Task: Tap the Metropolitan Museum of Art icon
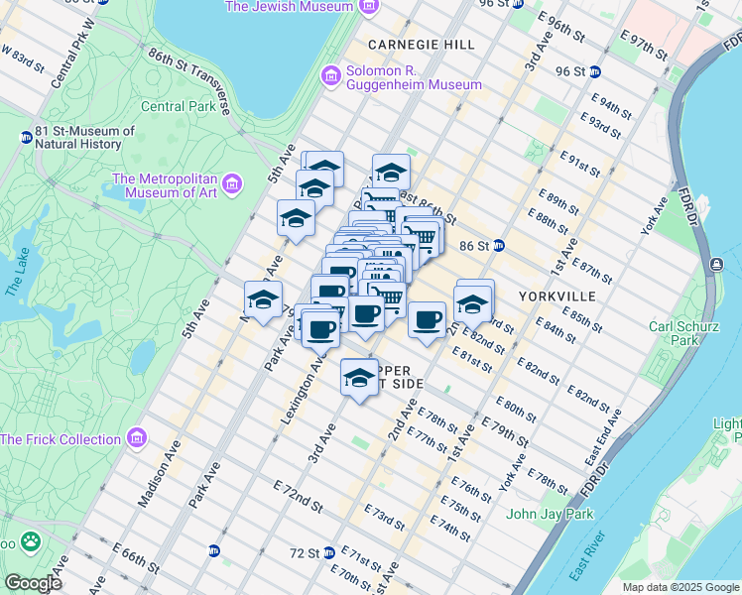pyautogui.click(x=233, y=184)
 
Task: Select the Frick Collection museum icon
pyautogui.click(x=137, y=438)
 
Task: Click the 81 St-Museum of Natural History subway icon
pyautogui.click(x=25, y=137)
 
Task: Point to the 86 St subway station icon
pyautogui.click(x=500, y=245)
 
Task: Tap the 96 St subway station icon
pyautogui.click(x=594, y=71)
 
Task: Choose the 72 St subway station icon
pyautogui.click(x=328, y=552)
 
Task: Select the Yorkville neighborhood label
pyautogui.click(x=556, y=297)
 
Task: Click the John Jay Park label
pyautogui.click(x=549, y=514)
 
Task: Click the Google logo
pyautogui.click(x=33, y=583)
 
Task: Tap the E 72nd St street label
pyautogui.click(x=298, y=498)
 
